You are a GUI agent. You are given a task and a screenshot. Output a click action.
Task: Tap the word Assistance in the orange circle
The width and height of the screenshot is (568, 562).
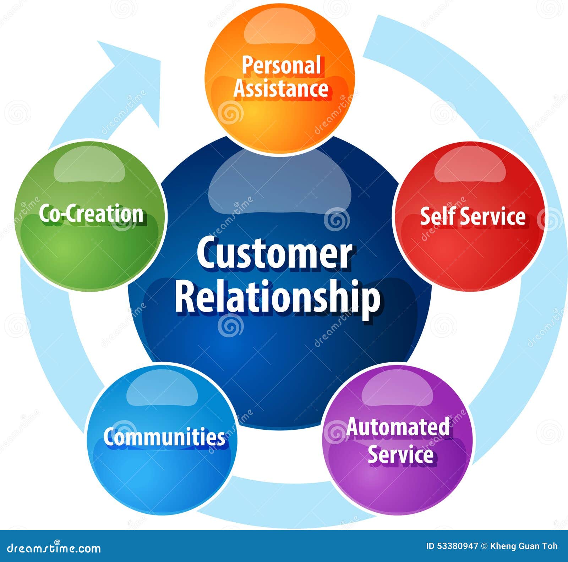(x=280, y=89)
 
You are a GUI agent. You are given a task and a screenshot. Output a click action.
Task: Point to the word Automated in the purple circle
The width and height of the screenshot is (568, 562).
(x=398, y=427)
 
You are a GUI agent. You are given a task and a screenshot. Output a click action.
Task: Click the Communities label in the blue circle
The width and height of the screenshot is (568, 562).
(x=164, y=437)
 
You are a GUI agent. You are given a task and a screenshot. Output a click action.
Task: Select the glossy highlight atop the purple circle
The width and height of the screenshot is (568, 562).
(x=398, y=390)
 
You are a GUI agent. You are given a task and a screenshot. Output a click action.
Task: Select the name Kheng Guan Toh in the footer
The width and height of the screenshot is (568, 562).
(x=524, y=546)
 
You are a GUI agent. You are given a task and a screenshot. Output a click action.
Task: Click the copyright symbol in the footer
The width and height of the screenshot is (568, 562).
(x=484, y=546)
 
